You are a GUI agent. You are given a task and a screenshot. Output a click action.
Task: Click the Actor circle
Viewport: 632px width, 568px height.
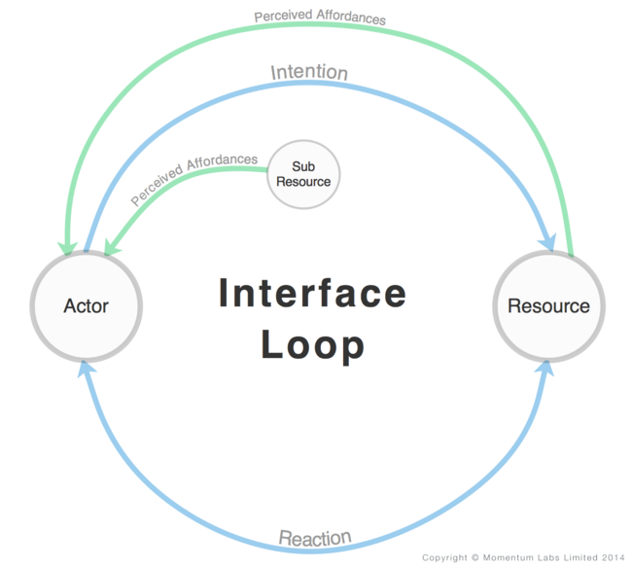pos(87,305)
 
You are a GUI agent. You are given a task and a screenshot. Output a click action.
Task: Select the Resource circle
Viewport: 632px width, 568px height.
pos(548,305)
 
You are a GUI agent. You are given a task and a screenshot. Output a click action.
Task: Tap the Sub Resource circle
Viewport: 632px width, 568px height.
pos(303,174)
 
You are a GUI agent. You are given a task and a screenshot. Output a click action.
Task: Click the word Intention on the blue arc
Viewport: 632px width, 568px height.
pos(309,73)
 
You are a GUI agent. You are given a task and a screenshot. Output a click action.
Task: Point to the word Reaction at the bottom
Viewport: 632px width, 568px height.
pos(315,538)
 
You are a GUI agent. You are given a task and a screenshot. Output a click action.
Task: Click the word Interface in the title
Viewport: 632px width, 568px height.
pos(312,293)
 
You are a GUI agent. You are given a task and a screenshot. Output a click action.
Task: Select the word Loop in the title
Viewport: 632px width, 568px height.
pos(313,345)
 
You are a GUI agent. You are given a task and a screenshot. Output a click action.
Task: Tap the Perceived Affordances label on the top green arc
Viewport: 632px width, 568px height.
pos(320,18)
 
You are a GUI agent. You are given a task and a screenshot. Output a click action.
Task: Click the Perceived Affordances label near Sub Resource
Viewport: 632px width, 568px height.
pos(194,178)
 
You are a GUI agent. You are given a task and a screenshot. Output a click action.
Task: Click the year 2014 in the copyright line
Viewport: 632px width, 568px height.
pos(610,558)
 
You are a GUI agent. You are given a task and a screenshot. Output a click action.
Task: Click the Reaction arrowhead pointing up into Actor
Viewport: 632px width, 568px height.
pos(86,370)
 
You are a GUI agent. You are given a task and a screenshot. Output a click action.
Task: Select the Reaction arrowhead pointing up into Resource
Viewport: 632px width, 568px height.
pos(546,370)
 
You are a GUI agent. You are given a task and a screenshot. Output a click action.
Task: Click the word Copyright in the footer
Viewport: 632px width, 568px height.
pos(443,558)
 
